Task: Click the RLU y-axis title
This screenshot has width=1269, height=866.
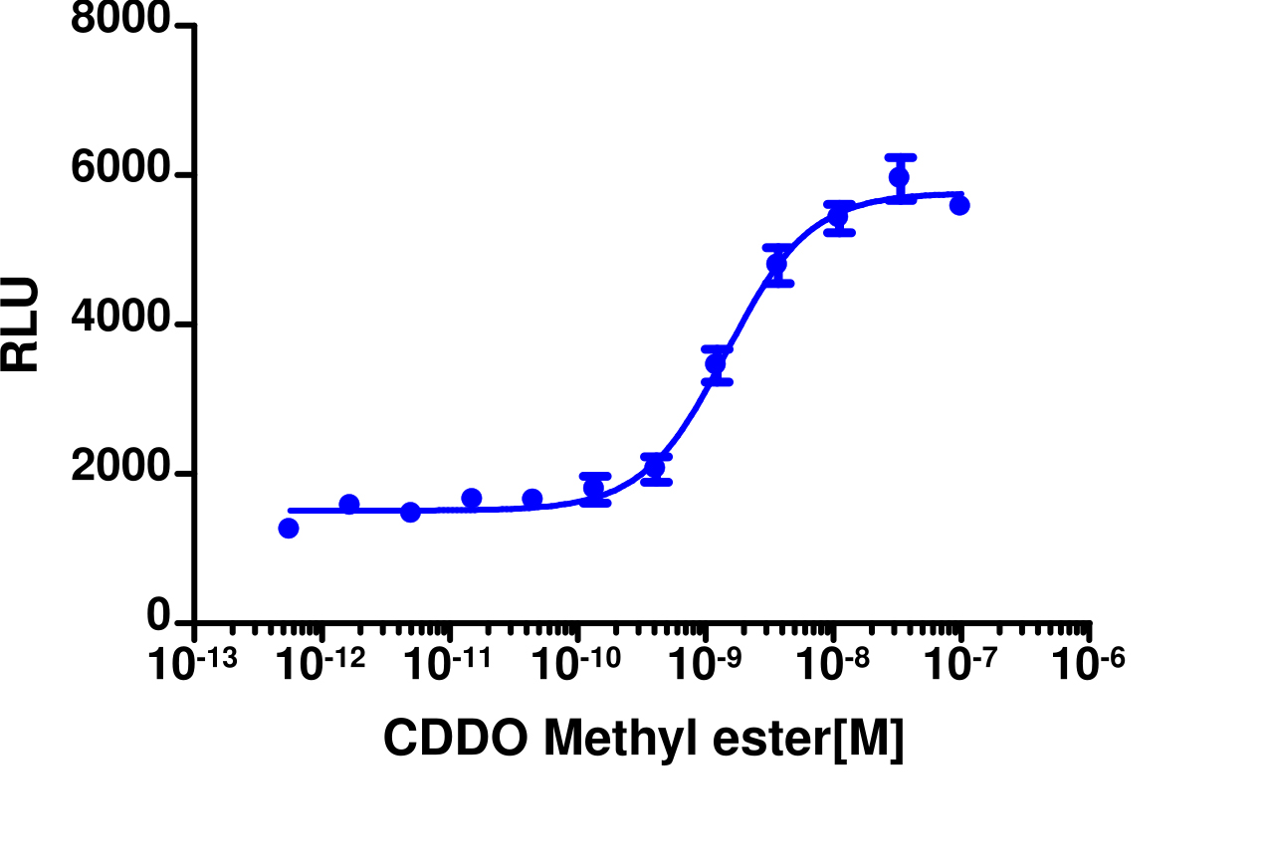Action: point(20,325)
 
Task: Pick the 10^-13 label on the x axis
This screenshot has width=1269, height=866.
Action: point(192,663)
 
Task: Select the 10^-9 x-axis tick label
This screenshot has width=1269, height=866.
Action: point(705,663)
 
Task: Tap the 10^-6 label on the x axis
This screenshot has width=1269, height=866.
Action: point(1089,663)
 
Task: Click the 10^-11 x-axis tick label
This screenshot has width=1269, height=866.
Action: point(448,663)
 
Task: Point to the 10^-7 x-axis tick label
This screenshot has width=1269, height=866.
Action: point(960,663)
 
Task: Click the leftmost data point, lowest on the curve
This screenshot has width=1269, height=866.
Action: point(289,529)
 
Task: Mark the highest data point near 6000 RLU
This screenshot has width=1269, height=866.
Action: point(900,178)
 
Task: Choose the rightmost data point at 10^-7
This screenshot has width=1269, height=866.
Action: point(959,205)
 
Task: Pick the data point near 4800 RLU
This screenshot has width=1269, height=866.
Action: point(777,264)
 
